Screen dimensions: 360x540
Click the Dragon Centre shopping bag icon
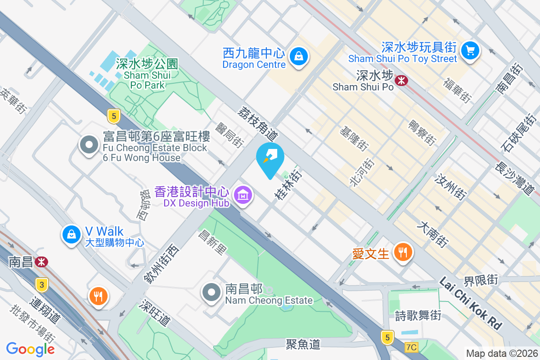point(298,57)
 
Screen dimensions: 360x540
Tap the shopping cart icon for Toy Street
point(471,49)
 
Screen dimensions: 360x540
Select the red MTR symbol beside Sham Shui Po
point(401,80)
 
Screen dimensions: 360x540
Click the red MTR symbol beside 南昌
point(42,261)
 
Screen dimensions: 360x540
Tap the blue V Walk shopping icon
point(72,234)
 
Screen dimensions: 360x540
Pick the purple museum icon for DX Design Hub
point(243,195)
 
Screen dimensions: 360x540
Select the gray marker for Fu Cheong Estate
point(89,145)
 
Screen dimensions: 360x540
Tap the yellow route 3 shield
point(42,284)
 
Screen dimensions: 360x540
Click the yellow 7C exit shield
point(411,347)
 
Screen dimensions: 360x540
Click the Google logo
point(31,349)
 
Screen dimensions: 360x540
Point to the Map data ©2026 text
point(501,354)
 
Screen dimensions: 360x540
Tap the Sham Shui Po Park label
point(141,74)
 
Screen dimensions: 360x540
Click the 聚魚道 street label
point(303,345)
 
